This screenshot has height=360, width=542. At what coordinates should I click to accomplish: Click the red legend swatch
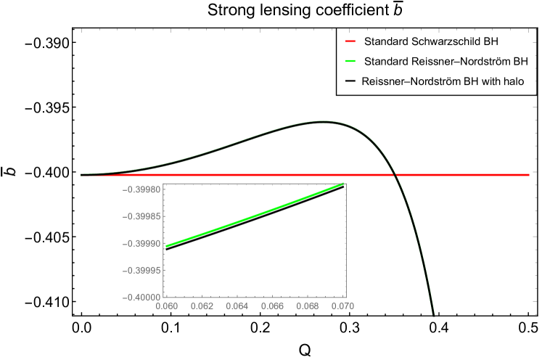point(350,41)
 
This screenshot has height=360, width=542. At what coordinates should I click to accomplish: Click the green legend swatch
point(350,60)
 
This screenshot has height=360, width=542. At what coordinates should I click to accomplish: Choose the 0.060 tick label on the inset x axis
point(166,306)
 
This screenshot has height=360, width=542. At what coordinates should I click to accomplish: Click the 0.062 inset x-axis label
point(202,306)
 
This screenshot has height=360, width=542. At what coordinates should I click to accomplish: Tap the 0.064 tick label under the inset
point(237,306)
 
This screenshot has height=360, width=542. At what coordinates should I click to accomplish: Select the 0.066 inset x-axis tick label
point(273,306)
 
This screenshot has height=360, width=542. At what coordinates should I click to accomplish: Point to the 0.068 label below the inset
point(308,306)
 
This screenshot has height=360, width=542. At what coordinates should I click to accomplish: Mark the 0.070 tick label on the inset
point(343,306)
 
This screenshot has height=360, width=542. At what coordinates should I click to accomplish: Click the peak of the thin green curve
point(321,121)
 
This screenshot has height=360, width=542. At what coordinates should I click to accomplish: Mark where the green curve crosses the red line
point(396,175)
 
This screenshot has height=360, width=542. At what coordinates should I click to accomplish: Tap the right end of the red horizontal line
point(528,175)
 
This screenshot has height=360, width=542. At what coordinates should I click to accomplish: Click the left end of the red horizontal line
point(82,175)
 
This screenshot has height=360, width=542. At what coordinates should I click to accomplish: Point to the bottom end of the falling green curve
point(433,314)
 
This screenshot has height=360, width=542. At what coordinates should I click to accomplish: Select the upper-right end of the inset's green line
point(344,184)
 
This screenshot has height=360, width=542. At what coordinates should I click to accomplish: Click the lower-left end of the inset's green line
point(167,247)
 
